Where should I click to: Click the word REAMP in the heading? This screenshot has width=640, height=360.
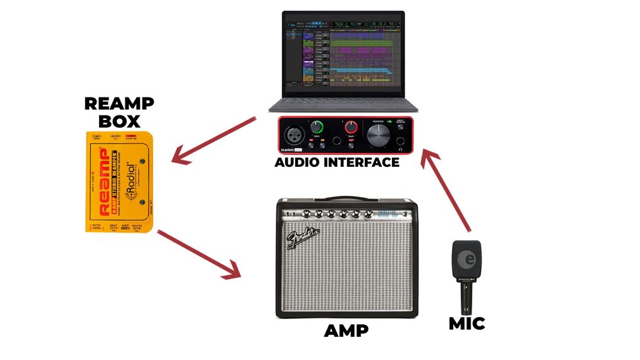[x=119, y=104]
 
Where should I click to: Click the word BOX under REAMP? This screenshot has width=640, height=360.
[x=119, y=121]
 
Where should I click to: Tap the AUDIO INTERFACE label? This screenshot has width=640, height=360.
[x=336, y=162]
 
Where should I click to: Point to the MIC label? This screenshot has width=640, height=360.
[x=466, y=323]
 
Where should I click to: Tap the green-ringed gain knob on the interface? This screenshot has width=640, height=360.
[x=319, y=127]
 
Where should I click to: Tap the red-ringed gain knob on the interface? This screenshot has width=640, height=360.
[x=352, y=127]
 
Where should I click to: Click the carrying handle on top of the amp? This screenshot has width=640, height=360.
[x=346, y=197]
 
